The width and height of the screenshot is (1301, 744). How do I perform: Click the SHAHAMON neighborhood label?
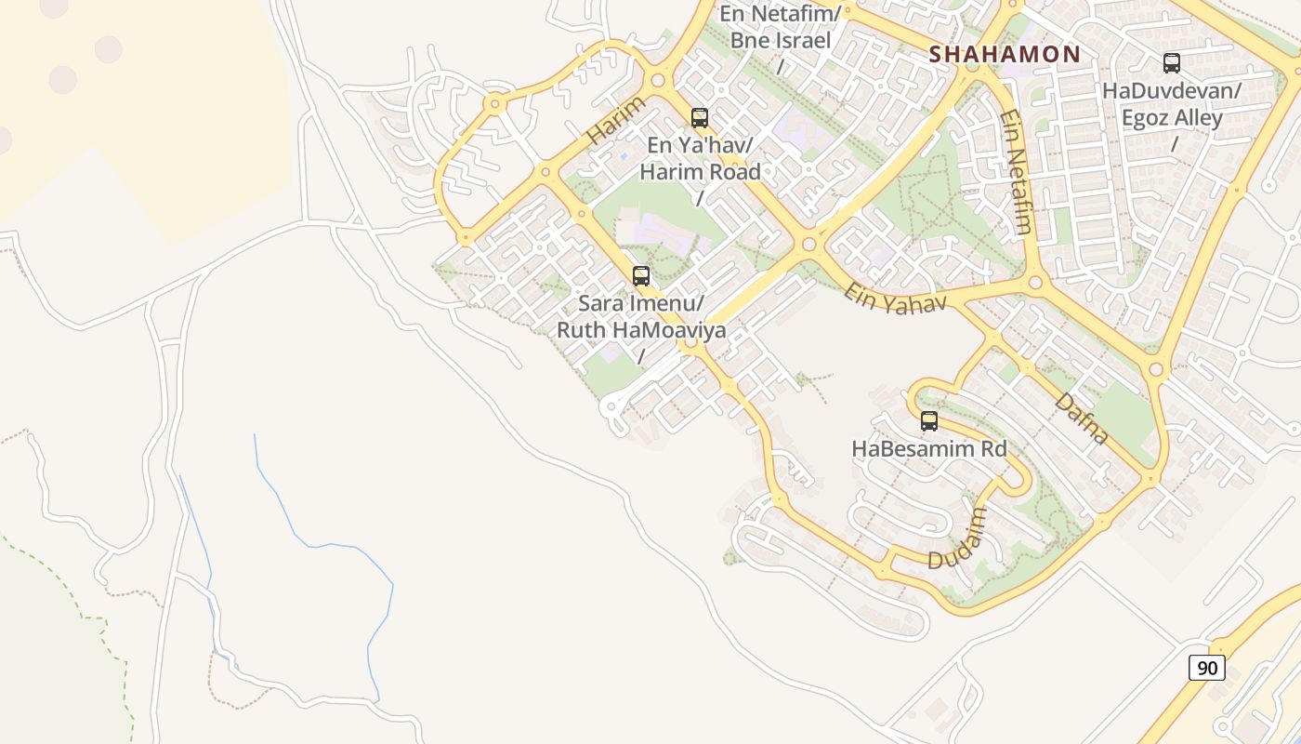click(1005, 54)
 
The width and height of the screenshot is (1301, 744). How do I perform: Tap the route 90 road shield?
click(1207, 668)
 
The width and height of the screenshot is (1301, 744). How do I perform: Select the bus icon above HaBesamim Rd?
click(929, 421)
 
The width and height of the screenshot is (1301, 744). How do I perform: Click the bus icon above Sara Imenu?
click(641, 276)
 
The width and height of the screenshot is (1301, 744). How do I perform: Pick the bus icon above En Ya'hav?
click(700, 118)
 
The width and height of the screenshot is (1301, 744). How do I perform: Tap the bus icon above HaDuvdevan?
click(1172, 63)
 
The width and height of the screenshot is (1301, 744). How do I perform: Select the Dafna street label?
click(1082, 418)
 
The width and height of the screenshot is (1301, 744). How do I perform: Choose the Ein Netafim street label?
click(1017, 172)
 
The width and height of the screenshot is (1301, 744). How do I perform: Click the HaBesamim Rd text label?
click(929, 448)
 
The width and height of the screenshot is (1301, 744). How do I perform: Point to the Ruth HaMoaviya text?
click(641, 330)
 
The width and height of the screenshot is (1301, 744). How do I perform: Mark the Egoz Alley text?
click(1172, 118)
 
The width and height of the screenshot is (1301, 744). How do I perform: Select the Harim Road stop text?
click(700, 172)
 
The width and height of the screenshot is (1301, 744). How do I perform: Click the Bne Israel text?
click(781, 41)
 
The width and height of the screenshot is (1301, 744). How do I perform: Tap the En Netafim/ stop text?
click(781, 14)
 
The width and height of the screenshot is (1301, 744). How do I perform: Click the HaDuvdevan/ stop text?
click(1172, 91)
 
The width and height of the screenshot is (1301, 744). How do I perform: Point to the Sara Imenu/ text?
click(641, 303)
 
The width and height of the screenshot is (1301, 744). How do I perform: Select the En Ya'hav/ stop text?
click(700, 145)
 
